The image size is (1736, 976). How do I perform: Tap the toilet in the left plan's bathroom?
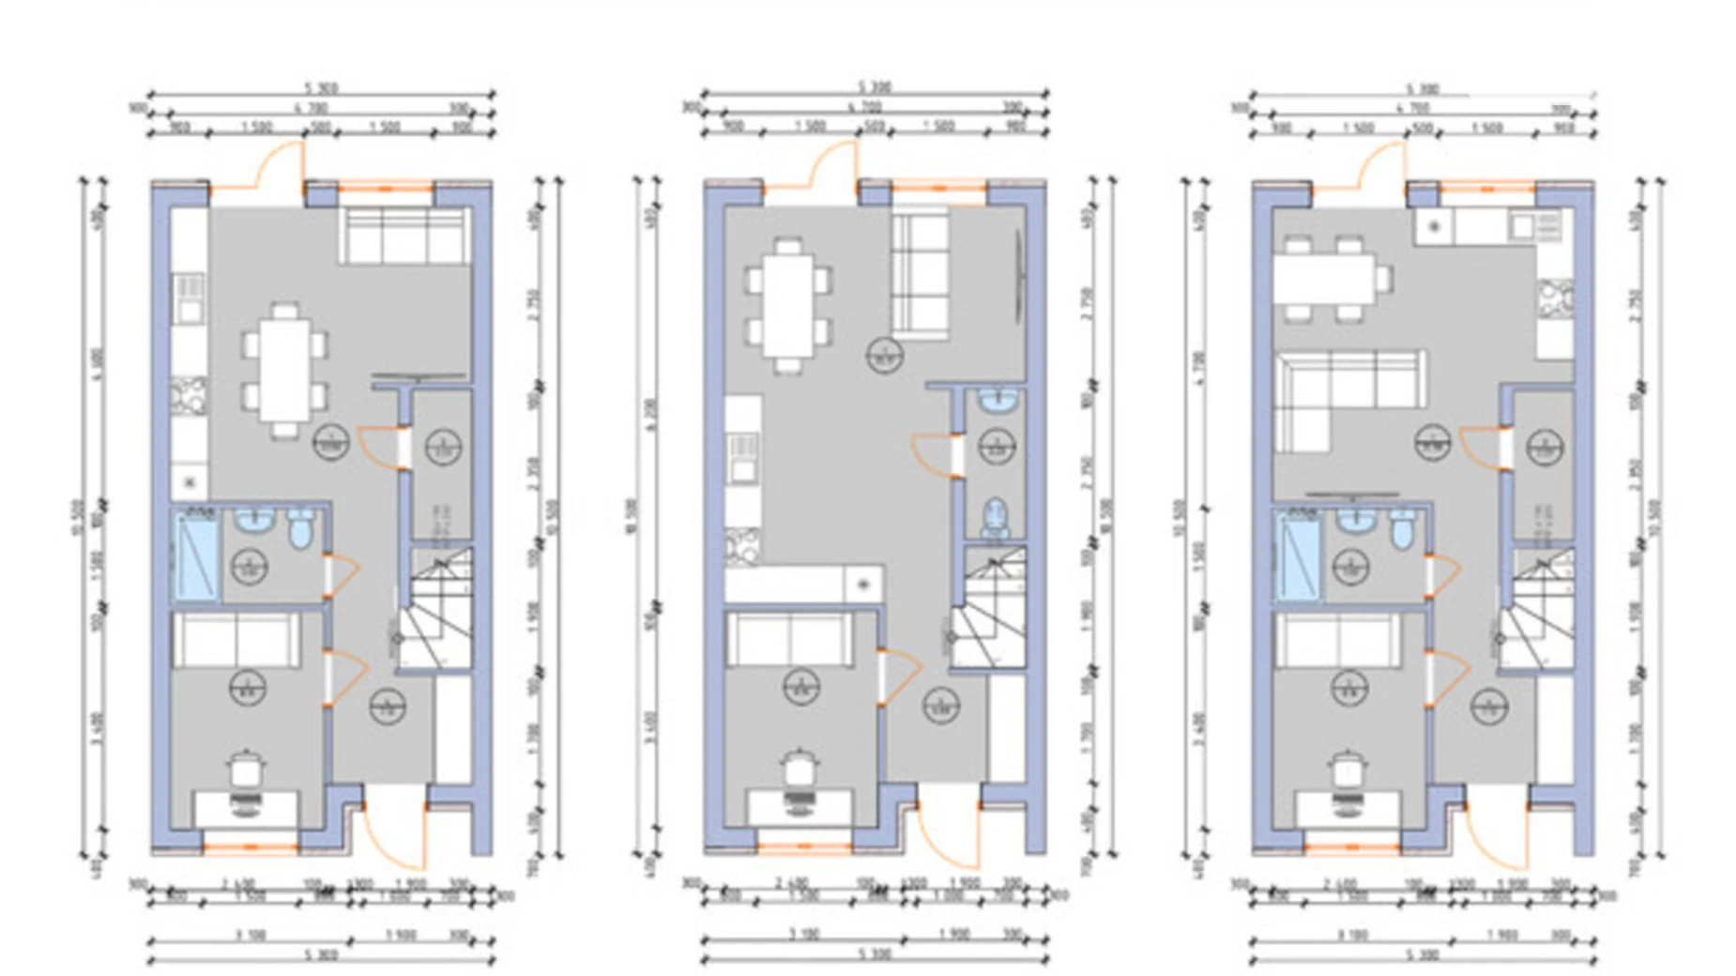pyautogui.click(x=300, y=529)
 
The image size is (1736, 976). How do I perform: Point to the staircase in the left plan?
pyautogui.click(x=435, y=610)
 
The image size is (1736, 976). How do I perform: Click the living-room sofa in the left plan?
pyautogui.click(x=404, y=236)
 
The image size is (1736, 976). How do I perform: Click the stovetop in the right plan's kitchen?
pyautogui.click(x=1555, y=298)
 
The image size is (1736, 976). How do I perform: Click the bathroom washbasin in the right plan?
pyautogui.click(x=1353, y=522)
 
